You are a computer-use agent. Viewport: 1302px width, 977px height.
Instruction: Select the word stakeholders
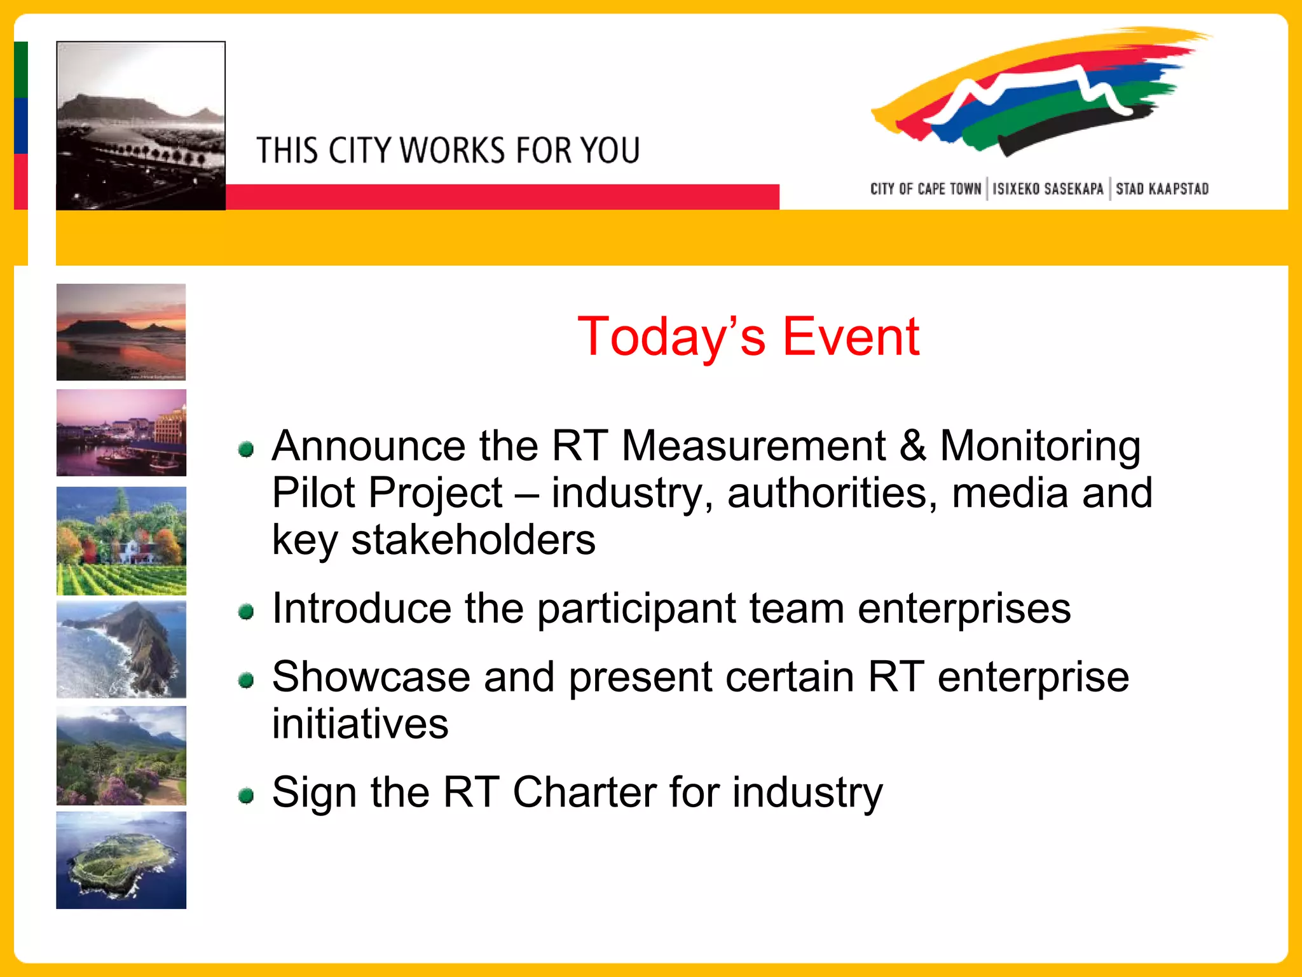coord(473,540)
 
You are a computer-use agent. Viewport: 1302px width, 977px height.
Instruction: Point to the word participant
coord(636,609)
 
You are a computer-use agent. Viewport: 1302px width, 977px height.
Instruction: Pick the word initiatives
coord(360,724)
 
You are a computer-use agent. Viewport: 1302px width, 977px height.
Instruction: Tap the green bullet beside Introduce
coord(246,612)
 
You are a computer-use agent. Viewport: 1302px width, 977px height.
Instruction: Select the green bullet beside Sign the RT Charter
coord(246,795)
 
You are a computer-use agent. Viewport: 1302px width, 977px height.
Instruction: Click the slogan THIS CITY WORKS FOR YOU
coord(448,151)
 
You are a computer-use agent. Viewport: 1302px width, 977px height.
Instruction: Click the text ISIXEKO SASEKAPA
coord(1048,189)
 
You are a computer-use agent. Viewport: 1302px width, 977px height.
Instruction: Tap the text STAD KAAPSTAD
coord(1162,189)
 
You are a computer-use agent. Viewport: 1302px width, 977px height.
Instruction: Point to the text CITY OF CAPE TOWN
coord(925,189)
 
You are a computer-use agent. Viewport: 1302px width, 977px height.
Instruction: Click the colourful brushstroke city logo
coord(1036,92)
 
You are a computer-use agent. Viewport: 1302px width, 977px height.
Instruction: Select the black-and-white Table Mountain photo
coord(140,125)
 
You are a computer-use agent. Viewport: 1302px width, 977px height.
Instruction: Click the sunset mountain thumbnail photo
coord(121,331)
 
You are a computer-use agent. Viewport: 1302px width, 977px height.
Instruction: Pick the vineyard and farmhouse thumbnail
coord(121,541)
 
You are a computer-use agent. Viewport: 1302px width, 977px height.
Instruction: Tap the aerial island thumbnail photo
coord(121,859)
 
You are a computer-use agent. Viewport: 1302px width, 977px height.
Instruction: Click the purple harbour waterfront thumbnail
coord(121,433)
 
